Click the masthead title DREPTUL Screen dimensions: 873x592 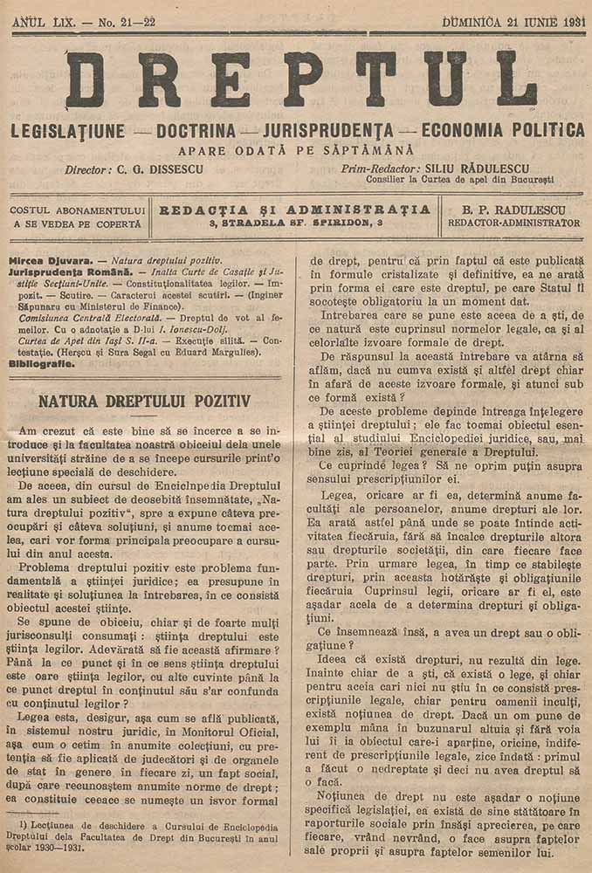pyautogui.click(x=301, y=79)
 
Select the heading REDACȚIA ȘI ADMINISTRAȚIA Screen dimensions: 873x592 pyautogui.click(x=296, y=210)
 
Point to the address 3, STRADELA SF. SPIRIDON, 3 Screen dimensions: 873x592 pyautogui.click(x=296, y=223)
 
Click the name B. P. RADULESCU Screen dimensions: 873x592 pyautogui.click(x=513, y=210)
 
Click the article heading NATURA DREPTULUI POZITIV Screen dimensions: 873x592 pyautogui.click(x=145, y=402)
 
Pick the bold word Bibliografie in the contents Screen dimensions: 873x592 pyautogui.click(x=41, y=362)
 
